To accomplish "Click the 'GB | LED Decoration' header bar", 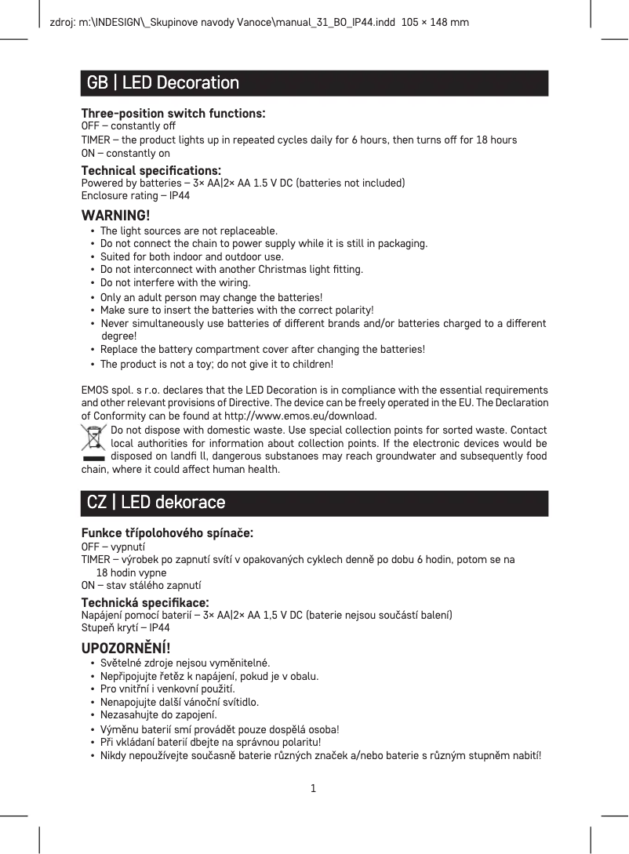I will point(314,83).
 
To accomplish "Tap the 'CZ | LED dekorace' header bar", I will point(314,503).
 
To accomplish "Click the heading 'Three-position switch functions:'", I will point(173,114).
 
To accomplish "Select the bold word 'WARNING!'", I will point(116,216).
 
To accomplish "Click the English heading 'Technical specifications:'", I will point(151,171).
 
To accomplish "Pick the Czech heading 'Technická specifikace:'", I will point(145,602).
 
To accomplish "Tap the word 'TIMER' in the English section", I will point(96,140).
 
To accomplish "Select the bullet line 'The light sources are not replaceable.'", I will point(188,231).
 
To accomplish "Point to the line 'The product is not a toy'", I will point(216,365).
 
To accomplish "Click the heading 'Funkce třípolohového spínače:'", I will point(167,533).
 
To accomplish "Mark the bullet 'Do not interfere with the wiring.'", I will point(175,282).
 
